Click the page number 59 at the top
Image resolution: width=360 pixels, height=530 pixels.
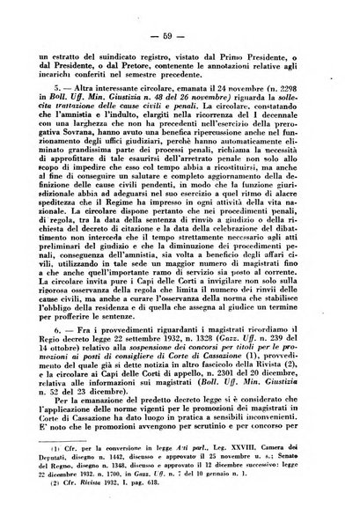click(x=180, y=35)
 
